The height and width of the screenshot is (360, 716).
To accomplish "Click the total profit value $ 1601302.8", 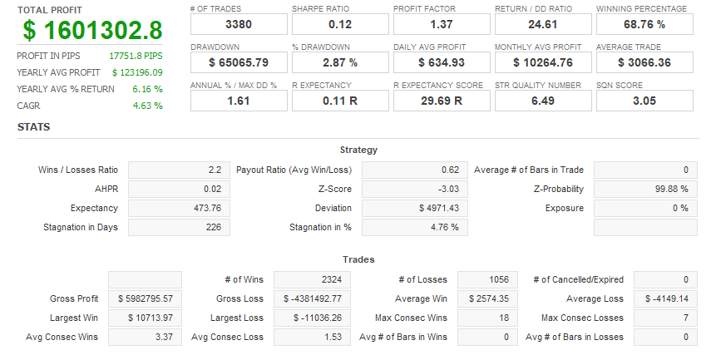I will [x=93, y=30].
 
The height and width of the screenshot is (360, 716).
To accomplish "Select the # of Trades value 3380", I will [x=239, y=25].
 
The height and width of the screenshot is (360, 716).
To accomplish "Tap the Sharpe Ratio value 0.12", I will [x=340, y=25].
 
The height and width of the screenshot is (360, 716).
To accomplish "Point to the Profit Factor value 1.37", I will [x=442, y=25].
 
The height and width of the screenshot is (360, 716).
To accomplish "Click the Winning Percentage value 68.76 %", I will [x=644, y=25].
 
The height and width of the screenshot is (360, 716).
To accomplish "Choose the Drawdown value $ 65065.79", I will [x=239, y=62].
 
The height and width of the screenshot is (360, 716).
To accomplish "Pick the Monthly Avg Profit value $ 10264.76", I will [x=543, y=62].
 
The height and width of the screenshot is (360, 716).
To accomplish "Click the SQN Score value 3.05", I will [x=644, y=101].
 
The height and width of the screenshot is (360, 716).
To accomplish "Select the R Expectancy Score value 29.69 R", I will [x=442, y=101].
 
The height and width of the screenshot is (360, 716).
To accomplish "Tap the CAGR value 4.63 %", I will [x=147, y=106].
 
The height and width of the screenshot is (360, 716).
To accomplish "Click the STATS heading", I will [x=34, y=127].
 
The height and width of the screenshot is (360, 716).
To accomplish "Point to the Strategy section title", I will [x=358, y=150].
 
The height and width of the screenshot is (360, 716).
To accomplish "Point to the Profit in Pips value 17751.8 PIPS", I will [x=136, y=56].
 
